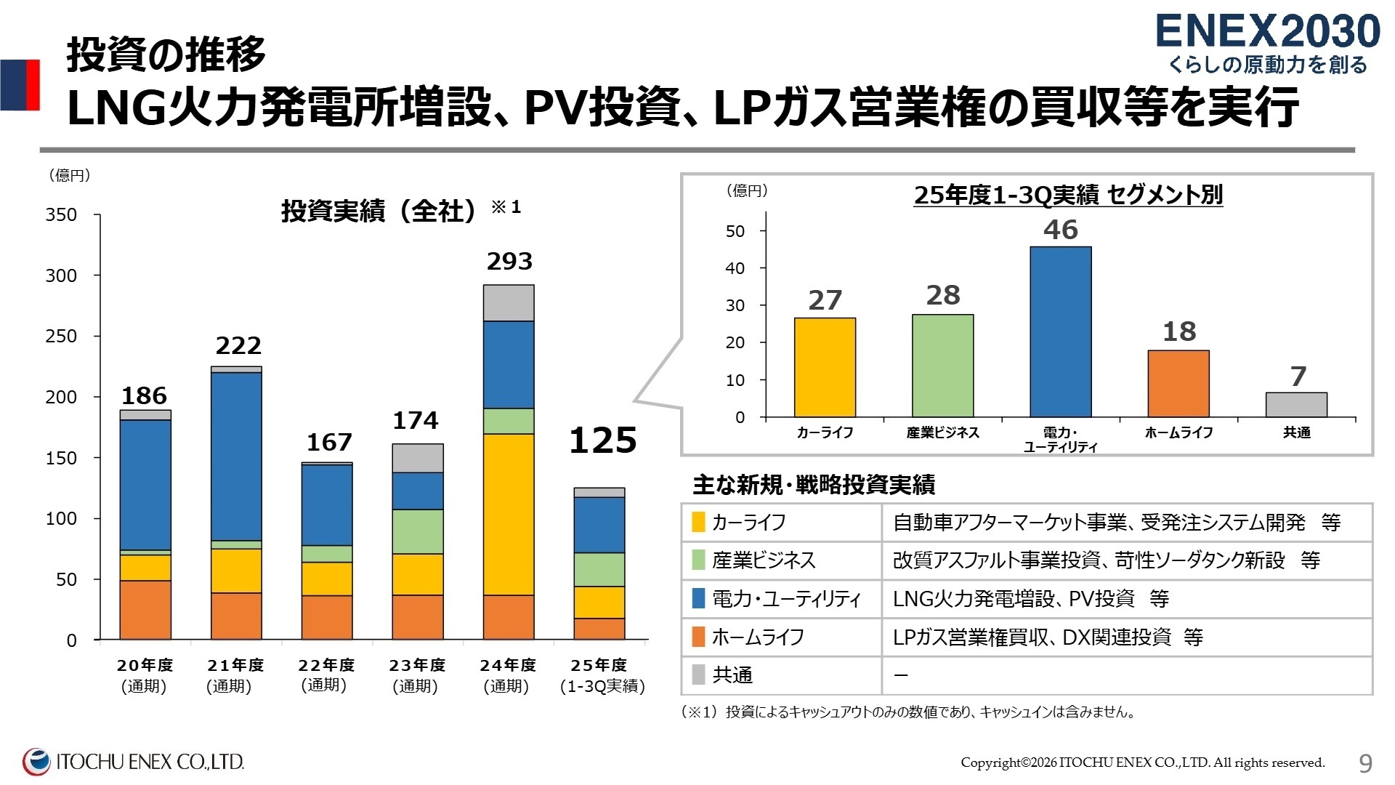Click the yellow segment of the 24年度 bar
[509, 514]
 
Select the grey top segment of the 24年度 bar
[509, 302]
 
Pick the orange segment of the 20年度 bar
[145, 610]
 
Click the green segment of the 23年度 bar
[418, 531]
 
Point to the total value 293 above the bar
[509, 261]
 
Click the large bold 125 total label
[602, 440]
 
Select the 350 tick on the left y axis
[61, 214]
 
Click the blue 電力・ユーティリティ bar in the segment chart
[1060, 331]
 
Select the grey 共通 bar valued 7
[1296, 405]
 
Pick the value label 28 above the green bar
[943, 295]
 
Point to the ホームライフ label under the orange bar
[1178, 432]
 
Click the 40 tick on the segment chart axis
[735, 268]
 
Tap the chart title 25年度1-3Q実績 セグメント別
[1068, 195]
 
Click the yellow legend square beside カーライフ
[698, 522]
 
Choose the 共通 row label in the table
[732, 675]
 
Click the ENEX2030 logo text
[1267, 32]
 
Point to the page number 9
[1365, 762]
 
